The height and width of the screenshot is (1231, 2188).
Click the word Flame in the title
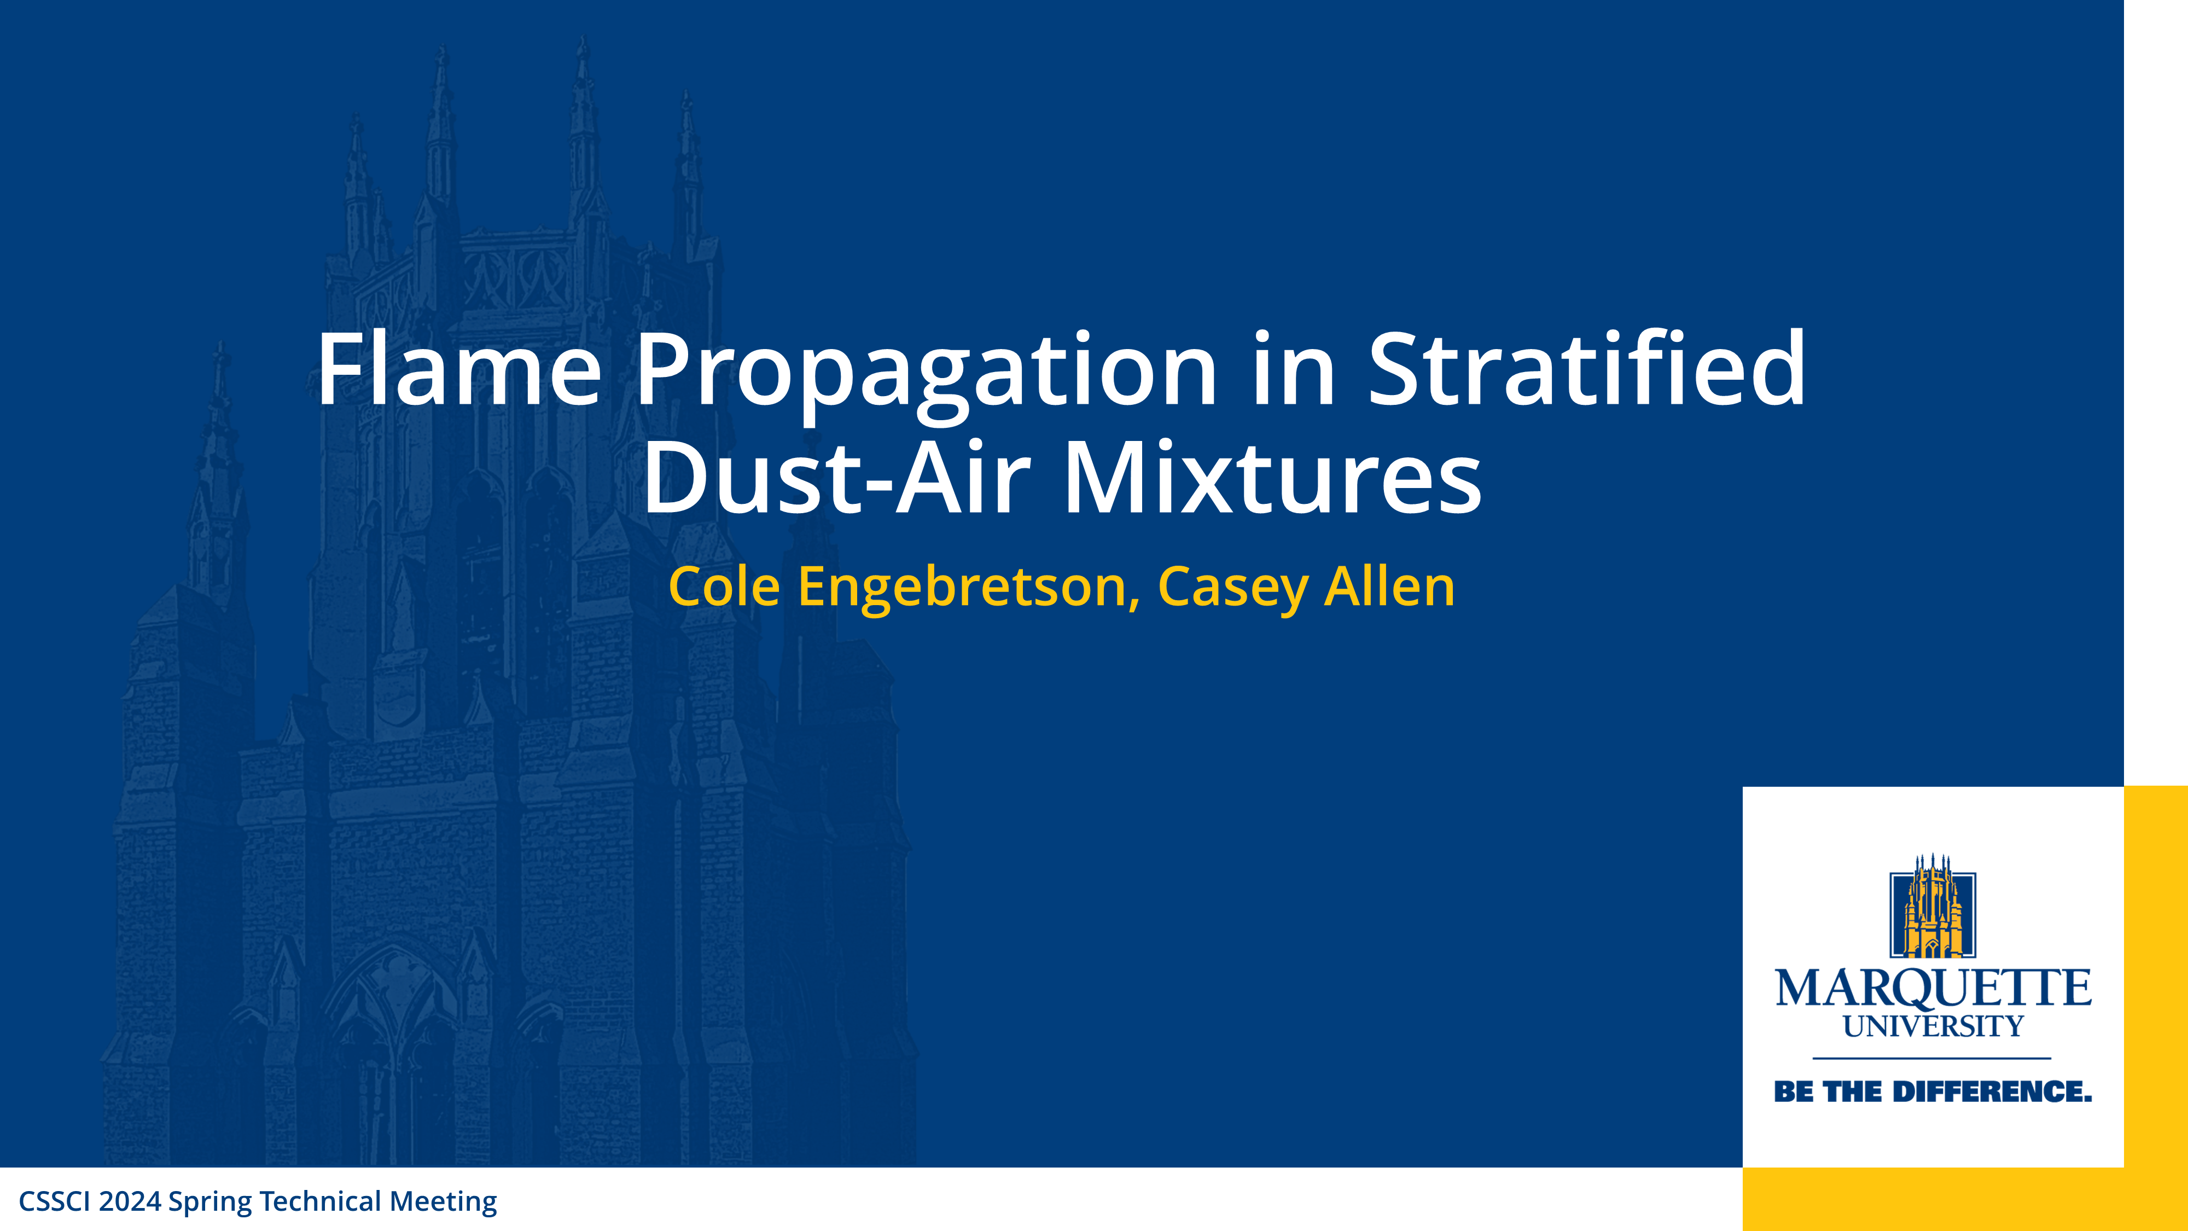[x=459, y=369]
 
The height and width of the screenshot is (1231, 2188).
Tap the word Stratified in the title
[x=1587, y=369]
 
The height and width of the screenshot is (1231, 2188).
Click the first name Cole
[x=724, y=587]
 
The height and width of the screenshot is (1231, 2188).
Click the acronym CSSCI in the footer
[x=54, y=1201]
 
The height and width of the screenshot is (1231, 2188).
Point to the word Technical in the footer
[x=320, y=1201]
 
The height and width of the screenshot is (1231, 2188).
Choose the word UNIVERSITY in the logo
[x=1933, y=1027]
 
